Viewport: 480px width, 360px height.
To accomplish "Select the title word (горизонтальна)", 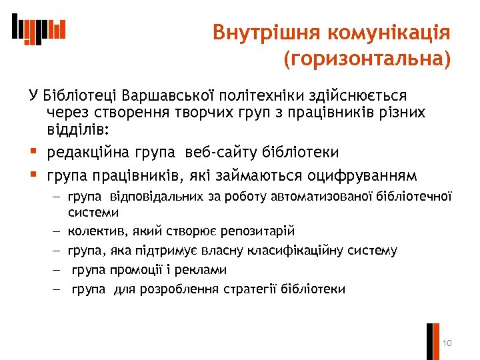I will [x=367, y=60].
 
